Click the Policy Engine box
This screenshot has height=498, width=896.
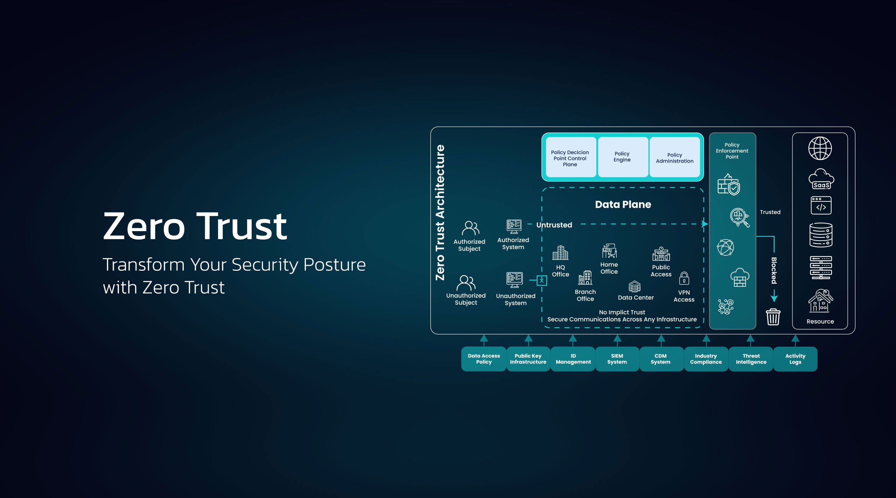point(622,157)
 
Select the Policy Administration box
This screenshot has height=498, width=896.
point(674,158)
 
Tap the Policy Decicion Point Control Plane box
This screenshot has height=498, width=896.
point(570,158)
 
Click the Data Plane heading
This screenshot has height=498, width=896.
point(623,205)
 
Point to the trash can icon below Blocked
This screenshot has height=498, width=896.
point(773,317)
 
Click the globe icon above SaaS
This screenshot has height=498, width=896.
point(820,148)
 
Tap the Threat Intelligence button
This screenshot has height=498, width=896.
point(751,359)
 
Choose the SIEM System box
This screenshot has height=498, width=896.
point(617,359)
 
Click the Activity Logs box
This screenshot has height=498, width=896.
point(795,359)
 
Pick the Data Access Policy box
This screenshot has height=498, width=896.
point(484,359)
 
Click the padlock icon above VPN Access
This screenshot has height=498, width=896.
point(684,278)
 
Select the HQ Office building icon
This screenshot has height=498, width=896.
point(560,253)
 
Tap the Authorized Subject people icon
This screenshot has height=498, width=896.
point(470,228)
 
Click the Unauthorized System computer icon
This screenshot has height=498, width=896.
point(514,280)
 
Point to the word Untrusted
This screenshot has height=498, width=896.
point(554,225)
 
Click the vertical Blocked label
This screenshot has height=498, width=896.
point(774,270)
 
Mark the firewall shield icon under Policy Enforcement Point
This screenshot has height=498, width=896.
point(729,185)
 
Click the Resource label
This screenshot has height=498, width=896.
point(820,321)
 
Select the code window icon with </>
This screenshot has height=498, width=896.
point(821,205)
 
